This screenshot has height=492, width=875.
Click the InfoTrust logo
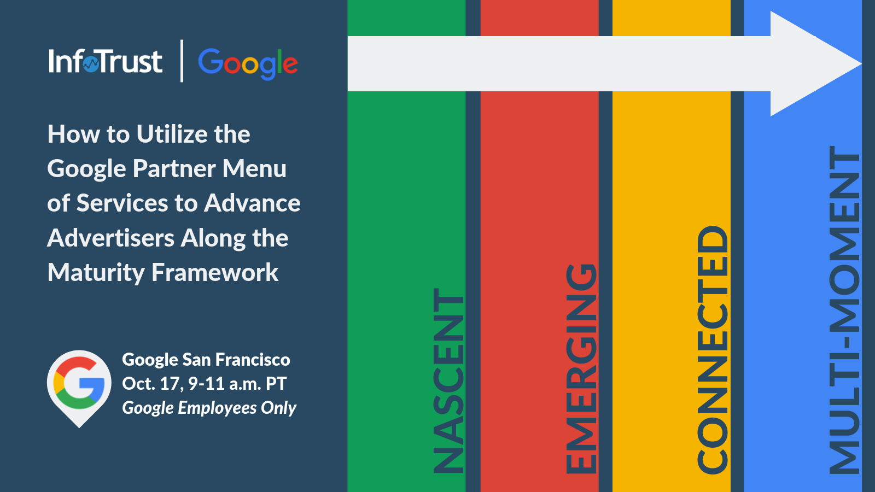[x=106, y=61]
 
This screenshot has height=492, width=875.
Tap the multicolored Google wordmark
[x=248, y=63]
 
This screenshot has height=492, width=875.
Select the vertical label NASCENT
[x=448, y=380]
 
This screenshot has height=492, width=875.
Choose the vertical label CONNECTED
[x=713, y=350]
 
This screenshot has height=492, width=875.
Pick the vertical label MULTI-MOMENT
[x=844, y=310]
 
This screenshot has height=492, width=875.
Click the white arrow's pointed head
[x=861, y=63]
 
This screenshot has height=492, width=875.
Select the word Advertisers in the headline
[x=110, y=238]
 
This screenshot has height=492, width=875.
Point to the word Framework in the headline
[x=215, y=272]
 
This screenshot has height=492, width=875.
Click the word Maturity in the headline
[x=96, y=273]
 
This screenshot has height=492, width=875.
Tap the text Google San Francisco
[x=206, y=360]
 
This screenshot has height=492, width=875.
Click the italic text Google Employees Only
[x=209, y=408]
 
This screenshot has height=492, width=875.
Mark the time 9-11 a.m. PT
[x=237, y=384]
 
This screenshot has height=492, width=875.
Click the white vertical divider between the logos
[x=182, y=61]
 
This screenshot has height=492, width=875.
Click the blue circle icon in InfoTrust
[x=91, y=65]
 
